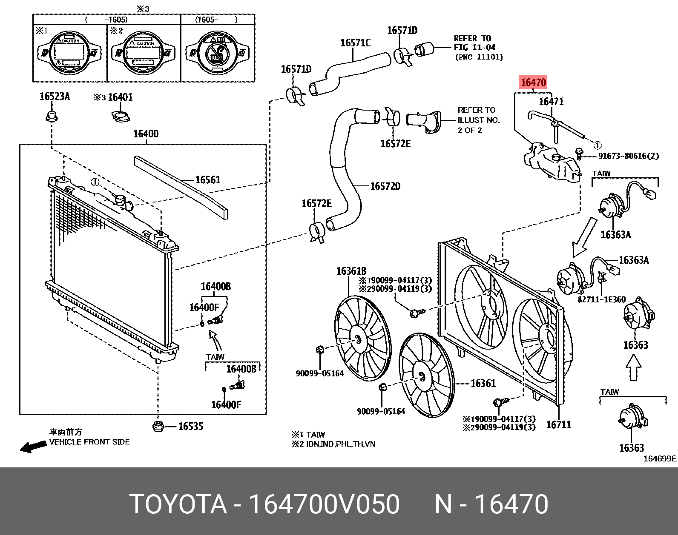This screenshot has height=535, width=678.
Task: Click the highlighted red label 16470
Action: click(533, 82)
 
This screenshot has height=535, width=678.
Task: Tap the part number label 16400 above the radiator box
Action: click(146, 134)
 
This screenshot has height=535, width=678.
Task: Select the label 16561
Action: click(208, 180)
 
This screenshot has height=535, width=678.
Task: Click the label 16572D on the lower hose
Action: click(385, 186)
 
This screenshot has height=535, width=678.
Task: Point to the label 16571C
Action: click(355, 43)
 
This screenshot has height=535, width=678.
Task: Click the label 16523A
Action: click(55, 97)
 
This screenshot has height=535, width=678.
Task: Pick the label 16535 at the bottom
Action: click(190, 426)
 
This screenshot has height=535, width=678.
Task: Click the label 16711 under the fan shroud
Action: click(558, 424)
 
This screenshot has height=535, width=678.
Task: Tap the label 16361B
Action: click(351, 271)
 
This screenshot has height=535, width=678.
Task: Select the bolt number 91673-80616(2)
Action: click(628, 156)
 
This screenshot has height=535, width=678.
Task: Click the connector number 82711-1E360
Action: click(601, 299)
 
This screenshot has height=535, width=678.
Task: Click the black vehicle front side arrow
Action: click(33, 447)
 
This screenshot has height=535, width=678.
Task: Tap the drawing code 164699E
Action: click(659, 458)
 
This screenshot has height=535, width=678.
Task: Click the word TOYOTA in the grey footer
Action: click(178, 504)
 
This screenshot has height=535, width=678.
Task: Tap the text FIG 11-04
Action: click(474, 48)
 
